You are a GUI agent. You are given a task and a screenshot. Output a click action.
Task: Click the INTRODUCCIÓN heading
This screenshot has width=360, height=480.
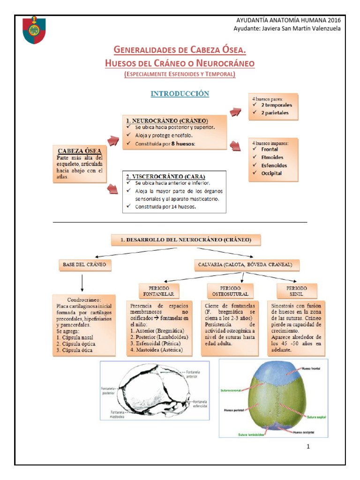pos(180,94)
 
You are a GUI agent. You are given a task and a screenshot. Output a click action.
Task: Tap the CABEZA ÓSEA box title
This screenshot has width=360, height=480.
pos(79,151)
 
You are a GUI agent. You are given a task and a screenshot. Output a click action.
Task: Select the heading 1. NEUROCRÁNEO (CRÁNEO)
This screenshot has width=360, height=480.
pos(166,121)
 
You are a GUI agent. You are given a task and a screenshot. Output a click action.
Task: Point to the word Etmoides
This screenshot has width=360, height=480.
pos(272,157)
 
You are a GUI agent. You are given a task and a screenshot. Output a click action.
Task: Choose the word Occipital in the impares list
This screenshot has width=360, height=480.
pos(271,173)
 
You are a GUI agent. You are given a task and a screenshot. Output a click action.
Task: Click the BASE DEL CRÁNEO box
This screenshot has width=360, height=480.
pos(84,265)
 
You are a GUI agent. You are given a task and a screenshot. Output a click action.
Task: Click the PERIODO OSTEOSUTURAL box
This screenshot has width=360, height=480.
pos(230,291)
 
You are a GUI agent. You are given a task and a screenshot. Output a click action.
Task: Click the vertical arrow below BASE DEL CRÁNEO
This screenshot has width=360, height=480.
pos(82,283)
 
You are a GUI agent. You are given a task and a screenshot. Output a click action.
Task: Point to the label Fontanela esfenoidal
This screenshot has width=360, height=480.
pos(200,404)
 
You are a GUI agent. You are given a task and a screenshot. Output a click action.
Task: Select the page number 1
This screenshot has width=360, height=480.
pos(308,446)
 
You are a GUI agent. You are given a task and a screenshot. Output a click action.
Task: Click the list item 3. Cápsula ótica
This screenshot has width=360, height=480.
pos(74,350)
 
